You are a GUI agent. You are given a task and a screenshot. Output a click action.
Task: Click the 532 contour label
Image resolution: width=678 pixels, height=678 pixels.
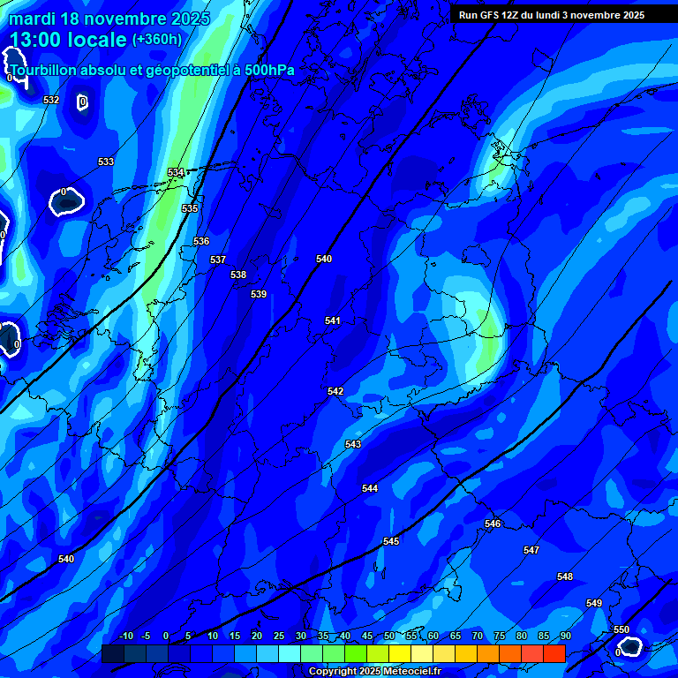51,100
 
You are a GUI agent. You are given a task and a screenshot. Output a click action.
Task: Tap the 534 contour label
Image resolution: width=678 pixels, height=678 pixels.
176,172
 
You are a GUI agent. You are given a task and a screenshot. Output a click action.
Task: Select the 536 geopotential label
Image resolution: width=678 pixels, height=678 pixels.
201,241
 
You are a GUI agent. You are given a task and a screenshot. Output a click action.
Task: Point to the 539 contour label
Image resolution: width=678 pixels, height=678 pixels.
258,294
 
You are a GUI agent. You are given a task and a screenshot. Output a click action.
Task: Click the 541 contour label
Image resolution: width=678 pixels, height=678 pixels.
332,320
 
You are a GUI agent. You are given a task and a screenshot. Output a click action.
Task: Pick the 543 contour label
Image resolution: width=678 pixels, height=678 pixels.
353,444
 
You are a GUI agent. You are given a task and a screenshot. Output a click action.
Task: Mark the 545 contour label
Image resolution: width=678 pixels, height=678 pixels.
391,541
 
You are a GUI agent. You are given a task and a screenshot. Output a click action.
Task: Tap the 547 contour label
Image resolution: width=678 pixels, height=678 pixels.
531,550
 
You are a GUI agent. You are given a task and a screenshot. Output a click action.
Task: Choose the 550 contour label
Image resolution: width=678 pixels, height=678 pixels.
621,629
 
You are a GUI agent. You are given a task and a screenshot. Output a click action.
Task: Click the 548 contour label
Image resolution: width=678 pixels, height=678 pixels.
565,576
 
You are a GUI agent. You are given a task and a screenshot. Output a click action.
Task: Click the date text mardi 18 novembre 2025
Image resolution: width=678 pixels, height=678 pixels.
109,19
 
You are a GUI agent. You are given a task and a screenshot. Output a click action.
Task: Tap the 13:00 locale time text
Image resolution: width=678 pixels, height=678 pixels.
67,40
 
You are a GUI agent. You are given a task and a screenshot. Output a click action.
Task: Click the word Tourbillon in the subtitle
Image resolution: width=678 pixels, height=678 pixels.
41,70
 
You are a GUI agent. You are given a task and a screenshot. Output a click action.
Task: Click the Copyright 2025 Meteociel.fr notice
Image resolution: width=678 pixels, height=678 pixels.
374,672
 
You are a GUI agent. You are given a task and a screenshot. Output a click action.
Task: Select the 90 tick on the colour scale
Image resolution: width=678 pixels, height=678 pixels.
565,636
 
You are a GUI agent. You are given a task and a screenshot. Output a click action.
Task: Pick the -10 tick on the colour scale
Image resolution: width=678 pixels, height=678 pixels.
125,636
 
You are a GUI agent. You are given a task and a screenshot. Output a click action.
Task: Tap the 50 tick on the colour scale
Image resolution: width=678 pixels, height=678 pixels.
389,636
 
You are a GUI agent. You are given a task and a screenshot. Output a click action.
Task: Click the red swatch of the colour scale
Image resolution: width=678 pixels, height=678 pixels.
554,653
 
